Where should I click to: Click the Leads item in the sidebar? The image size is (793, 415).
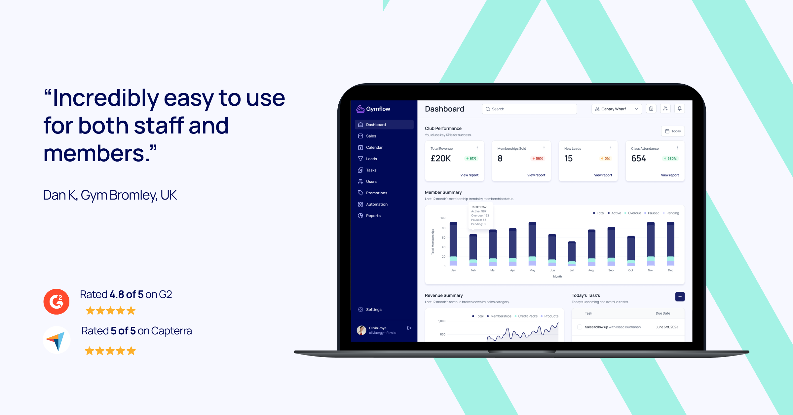coord(371,159)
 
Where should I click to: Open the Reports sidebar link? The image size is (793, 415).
coord(373,216)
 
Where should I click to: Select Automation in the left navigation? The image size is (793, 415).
coord(376,205)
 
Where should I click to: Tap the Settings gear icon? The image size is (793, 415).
coord(360,310)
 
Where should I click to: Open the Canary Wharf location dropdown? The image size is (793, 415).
coord(616,109)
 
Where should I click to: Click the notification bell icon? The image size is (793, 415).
coord(679,109)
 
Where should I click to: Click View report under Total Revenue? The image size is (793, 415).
coord(469,175)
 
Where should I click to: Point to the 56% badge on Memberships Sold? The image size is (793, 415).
coord(538,159)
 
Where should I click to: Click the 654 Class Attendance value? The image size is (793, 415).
coord(638,159)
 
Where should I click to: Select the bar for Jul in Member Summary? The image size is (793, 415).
coord(572,254)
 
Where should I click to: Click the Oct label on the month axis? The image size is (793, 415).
coord(630,270)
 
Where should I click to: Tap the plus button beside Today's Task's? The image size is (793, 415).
coord(680,297)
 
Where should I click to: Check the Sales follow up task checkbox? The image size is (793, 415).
coord(580,327)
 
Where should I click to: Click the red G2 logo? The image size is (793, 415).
coord(57,301)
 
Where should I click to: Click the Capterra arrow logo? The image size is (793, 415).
coord(57,340)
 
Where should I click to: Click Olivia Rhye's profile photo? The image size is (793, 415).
coord(361,330)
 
